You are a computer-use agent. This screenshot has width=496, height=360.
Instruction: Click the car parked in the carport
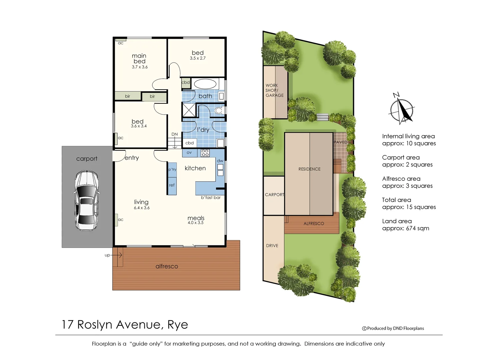pos(86,201)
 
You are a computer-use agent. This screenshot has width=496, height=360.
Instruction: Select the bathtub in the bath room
pos(205,84)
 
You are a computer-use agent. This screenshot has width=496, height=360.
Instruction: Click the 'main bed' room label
pos(139,59)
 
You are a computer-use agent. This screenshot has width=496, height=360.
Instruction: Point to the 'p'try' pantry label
pos(172,169)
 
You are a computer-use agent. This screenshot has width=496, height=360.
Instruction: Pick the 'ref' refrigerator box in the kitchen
pos(172,185)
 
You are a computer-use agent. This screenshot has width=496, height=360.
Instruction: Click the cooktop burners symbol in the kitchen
pos(205,153)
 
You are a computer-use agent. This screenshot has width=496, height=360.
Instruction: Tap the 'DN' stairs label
pos(175,134)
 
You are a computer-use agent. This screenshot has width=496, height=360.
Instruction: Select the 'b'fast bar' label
pos(211,198)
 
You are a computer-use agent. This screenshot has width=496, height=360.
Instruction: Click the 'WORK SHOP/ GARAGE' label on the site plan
pos(274,90)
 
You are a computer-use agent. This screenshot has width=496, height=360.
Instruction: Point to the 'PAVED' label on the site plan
pos(340,142)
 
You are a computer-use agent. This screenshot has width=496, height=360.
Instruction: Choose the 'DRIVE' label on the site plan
pos(272,246)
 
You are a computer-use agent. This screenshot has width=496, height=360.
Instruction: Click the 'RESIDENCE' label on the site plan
pos(309,169)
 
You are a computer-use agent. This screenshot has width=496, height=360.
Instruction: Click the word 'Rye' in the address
pos(178,325)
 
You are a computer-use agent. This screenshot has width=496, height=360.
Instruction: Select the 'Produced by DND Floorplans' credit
pos(393,328)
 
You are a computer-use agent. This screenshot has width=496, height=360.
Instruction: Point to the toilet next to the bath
pos(219,110)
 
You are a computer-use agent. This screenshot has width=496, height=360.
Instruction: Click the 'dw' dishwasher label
pos(220,161)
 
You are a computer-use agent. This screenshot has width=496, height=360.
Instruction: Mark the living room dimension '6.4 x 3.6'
pos(142,208)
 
